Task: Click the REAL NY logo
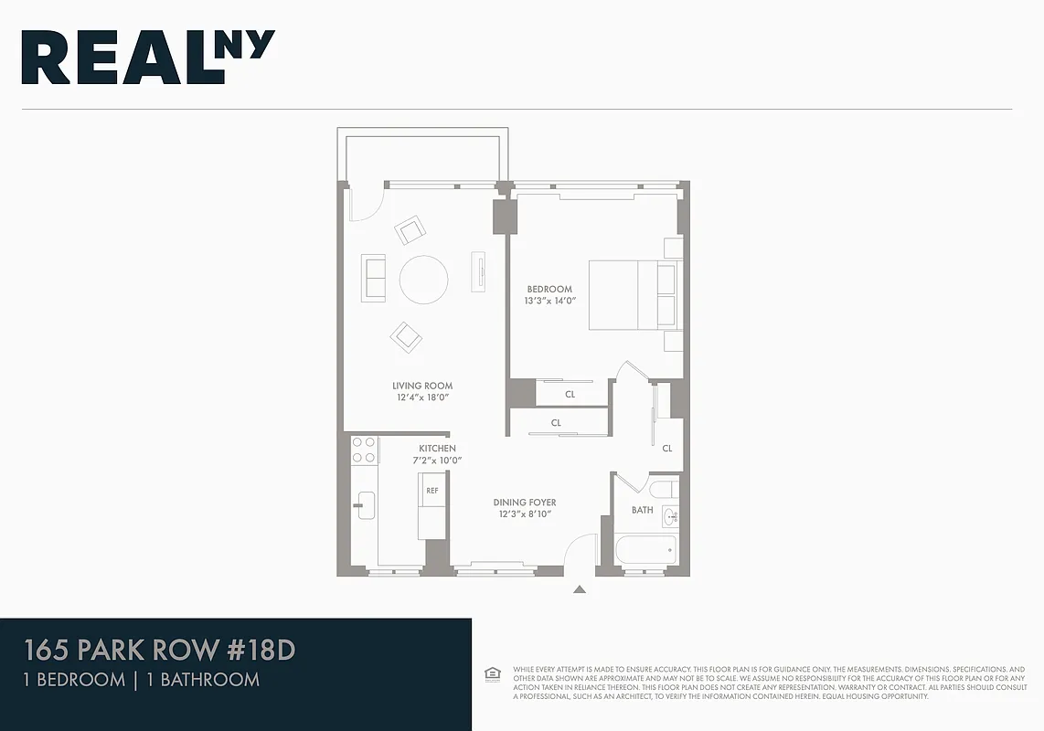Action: tap(148, 58)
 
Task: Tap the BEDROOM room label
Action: tap(549, 290)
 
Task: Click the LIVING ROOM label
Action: tap(422, 387)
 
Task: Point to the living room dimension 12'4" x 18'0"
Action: tap(422, 397)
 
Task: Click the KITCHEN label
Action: tap(437, 449)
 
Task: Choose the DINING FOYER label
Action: tap(525, 503)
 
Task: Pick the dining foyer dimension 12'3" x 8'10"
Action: tap(525, 514)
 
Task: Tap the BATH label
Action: tap(643, 510)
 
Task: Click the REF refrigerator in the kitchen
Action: tap(432, 491)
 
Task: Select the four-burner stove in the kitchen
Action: tap(365, 450)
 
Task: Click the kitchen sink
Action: tap(366, 504)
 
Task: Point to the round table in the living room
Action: tap(423, 280)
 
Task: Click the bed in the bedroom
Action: tap(633, 295)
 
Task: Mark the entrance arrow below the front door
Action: tap(579, 590)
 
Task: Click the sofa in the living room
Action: tap(374, 278)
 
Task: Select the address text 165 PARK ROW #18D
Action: tap(159, 652)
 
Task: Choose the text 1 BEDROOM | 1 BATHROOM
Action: tap(141, 680)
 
